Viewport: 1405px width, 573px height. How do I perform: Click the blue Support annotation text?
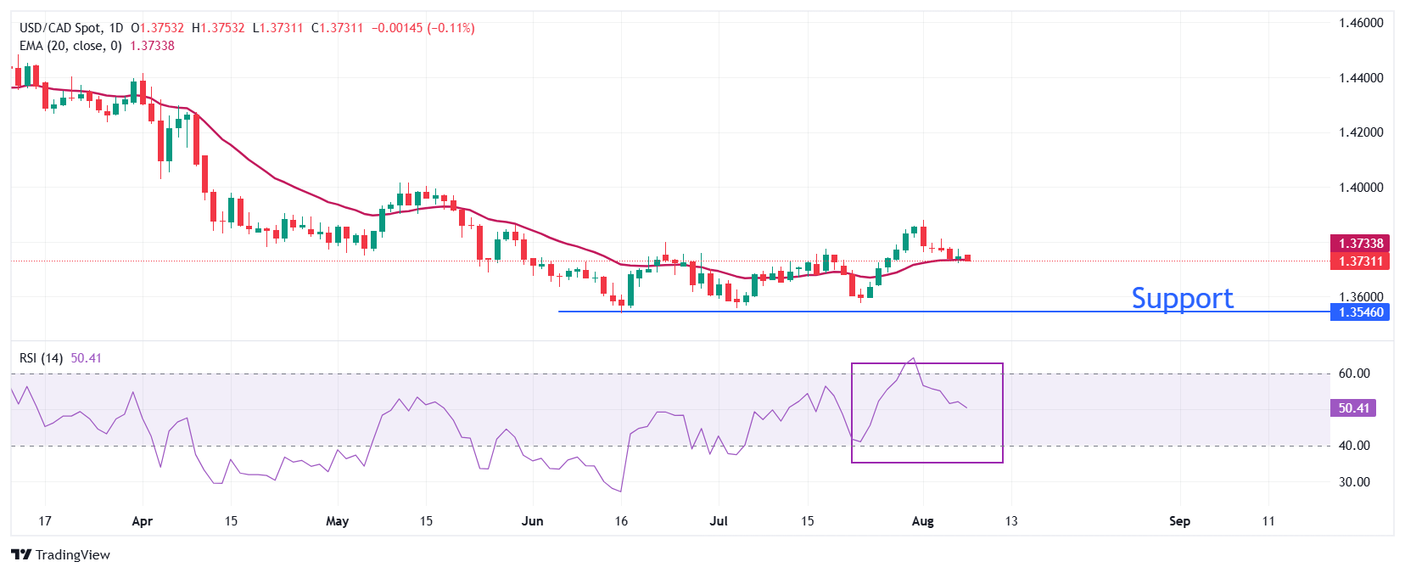pos(1182,298)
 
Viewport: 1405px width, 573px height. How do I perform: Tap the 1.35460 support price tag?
pos(1361,312)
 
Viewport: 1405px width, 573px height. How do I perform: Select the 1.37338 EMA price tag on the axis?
pos(1361,244)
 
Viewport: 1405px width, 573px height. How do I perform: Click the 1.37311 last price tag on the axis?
pos(1361,261)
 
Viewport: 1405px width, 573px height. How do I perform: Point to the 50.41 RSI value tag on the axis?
pos(1353,408)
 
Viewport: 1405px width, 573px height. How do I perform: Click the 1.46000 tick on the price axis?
pos(1361,23)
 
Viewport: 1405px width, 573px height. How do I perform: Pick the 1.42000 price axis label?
pos(1361,132)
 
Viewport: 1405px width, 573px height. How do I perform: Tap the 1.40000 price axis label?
pos(1361,188)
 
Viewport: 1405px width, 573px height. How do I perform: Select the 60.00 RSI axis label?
pos(1354,374)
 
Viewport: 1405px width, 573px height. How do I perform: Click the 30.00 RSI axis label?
pos(1354,482)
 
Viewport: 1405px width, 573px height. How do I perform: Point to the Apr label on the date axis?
pos(143,521)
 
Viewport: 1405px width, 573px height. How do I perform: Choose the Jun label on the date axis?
pos(532,521)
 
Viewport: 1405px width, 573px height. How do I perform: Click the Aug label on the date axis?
pos(922,521)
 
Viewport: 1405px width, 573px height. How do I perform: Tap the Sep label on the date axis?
pos(1179,521)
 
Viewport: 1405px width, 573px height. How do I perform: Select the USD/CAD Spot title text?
pos(59,28)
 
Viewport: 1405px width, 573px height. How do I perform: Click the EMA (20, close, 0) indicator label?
pos(70,46)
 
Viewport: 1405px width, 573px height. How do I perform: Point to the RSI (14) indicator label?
pos(41,358)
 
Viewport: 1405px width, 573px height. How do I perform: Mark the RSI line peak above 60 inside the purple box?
pos(912,358)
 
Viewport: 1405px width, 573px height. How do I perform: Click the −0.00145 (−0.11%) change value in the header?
pos(423,28)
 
